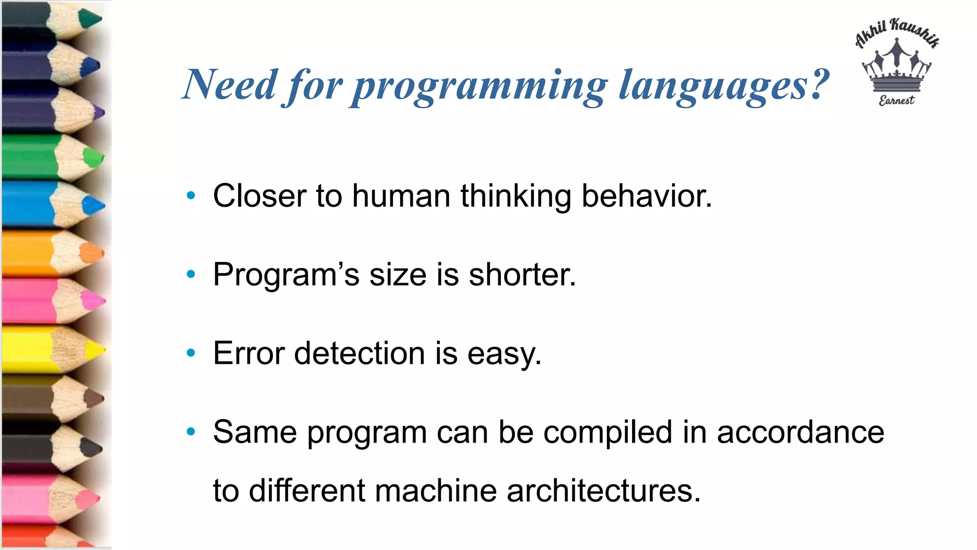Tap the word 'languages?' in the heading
pos(724,86)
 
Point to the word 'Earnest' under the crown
pos(896,100)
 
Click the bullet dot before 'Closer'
pos(191,195)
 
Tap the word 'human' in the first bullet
pos(401,196)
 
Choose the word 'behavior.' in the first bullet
pos(646,196)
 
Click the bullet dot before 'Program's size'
pos(191,274)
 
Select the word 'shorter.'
pos(522,275)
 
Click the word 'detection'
pos(359,353)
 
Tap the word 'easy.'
pos(504,354)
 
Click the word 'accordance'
pos(800,432)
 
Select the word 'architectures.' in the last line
pos(603,491)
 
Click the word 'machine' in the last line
pos(436,491)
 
